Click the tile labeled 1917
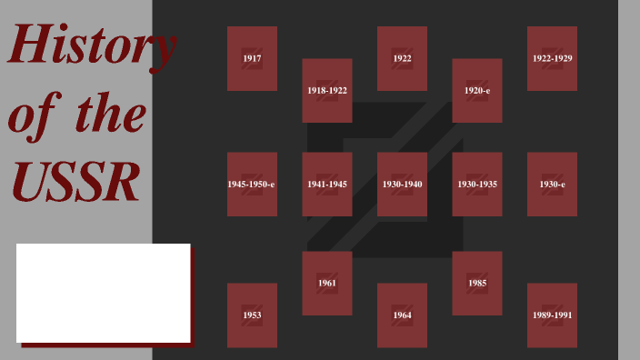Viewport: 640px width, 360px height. tap(252, 58)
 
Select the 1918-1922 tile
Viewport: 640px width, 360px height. tap(327, 90)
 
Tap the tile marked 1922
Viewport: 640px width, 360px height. tap(402, 58)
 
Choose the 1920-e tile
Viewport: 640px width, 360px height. tap(477, 90)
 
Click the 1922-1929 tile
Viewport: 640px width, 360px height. tap(552, 58)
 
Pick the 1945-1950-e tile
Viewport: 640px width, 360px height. tap(252, 184)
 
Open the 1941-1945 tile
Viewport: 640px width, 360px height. tap(327, 184)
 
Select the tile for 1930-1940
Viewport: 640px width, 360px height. tap(402, 184)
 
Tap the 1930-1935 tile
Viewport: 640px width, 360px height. tap(477, 184)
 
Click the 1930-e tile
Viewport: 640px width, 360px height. tap(552, 184)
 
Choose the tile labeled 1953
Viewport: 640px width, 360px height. tap(252, 315)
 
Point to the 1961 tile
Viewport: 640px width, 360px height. tap(327, 283)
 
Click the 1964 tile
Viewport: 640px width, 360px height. tap(402, 315)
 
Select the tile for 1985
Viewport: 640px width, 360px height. tap(477, 283)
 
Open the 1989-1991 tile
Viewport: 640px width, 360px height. tap(552, 315)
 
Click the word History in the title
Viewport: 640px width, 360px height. tap(91, 45)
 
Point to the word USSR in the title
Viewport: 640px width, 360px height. tap(75, 182)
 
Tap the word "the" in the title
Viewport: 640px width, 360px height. tap(110, 115)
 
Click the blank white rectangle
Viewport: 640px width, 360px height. tap(103, 293)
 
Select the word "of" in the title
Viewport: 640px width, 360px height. tap(33, 115)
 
